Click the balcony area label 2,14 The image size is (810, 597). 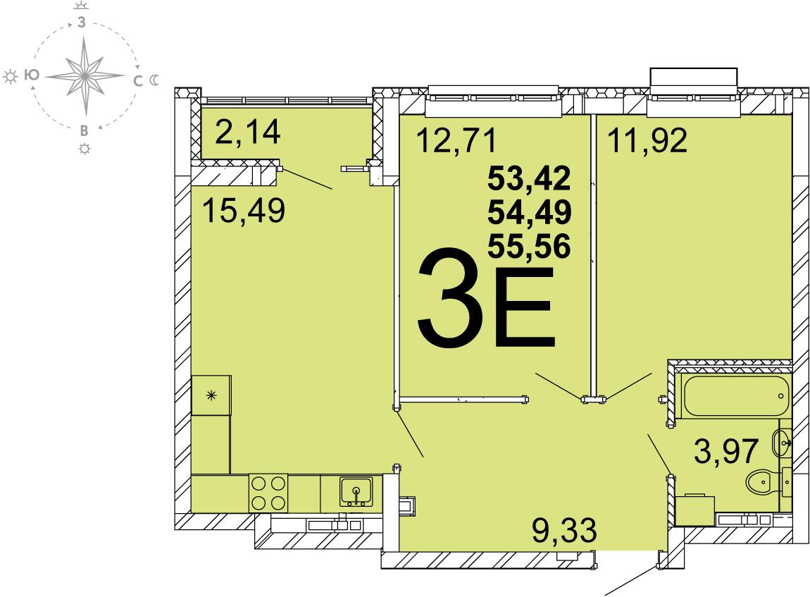pos(248,132)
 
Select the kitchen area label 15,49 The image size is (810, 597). pos(244,211)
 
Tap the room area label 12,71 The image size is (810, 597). pos(456,140)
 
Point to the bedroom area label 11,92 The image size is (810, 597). pos(647,140)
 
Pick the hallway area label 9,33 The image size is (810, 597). pos(564,531)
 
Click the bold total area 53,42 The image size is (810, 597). pos(530,178)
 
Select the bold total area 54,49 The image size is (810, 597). pos(530,212)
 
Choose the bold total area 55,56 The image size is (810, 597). pos(530,245)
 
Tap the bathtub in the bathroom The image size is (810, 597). pos(735,396)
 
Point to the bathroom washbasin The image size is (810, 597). pos(781,443)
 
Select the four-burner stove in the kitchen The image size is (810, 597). pos(268,493)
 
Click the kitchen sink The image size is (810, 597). pos(356,491)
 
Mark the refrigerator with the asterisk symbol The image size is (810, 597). pos(211,395)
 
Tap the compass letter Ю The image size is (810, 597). pos(32,75)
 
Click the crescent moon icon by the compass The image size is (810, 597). pos(154,80)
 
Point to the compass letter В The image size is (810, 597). pos(84,131)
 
